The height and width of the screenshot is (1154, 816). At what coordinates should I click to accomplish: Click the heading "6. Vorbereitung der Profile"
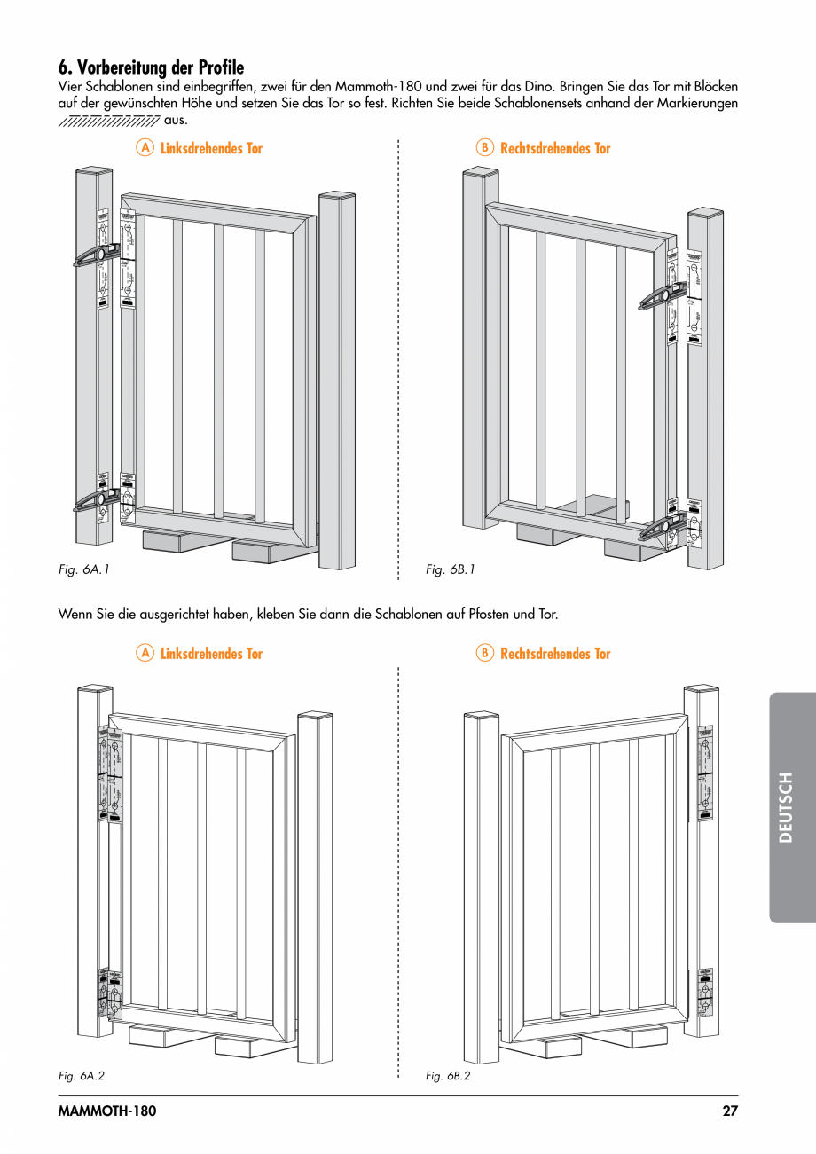pos(151,67)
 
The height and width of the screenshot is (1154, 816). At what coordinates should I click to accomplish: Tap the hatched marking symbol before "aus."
pos(109,121)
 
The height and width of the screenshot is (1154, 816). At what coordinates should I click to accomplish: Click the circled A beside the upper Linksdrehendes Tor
pos(145,148)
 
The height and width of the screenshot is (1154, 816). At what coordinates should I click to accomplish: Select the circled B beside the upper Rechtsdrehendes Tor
pos(484,148)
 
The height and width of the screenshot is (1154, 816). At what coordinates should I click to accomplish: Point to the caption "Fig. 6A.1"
pos(83,569)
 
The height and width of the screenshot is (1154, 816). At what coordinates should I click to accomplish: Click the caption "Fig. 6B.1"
pos(451,569)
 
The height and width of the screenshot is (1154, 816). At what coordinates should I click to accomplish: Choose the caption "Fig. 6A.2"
pos(82,1075)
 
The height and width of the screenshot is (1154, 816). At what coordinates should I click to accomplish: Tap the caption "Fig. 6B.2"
pos(448,1075)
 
